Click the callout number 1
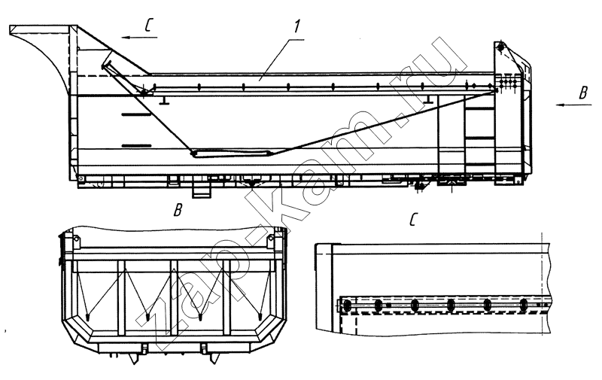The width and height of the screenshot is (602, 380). tap(296, 26)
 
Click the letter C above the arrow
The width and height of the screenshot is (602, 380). tap(150, 26)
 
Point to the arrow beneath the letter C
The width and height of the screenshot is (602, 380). tap(139, 37)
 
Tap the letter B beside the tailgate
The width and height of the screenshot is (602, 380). tap(583, 93)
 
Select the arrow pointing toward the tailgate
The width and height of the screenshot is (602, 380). tap(573, 105)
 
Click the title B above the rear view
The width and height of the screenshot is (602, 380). tap(178, 210)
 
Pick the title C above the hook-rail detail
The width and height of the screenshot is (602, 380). tap(413, 220)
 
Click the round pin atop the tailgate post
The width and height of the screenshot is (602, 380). tap(500, 47)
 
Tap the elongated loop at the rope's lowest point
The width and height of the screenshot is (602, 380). tap(231, 154)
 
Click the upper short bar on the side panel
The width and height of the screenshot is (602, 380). tap(136, 114)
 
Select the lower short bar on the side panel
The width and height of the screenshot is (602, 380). tap(136, 146)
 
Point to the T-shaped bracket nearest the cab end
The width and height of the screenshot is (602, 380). tap(165, 100)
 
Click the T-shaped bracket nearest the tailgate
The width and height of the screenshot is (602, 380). tap(429, 99)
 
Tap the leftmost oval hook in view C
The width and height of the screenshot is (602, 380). tap(347, 306)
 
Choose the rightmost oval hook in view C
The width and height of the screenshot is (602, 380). tap(524, 306)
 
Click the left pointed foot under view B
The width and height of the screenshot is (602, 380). tap(133, 359)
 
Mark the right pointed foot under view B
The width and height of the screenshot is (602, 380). tap(214, 359)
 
